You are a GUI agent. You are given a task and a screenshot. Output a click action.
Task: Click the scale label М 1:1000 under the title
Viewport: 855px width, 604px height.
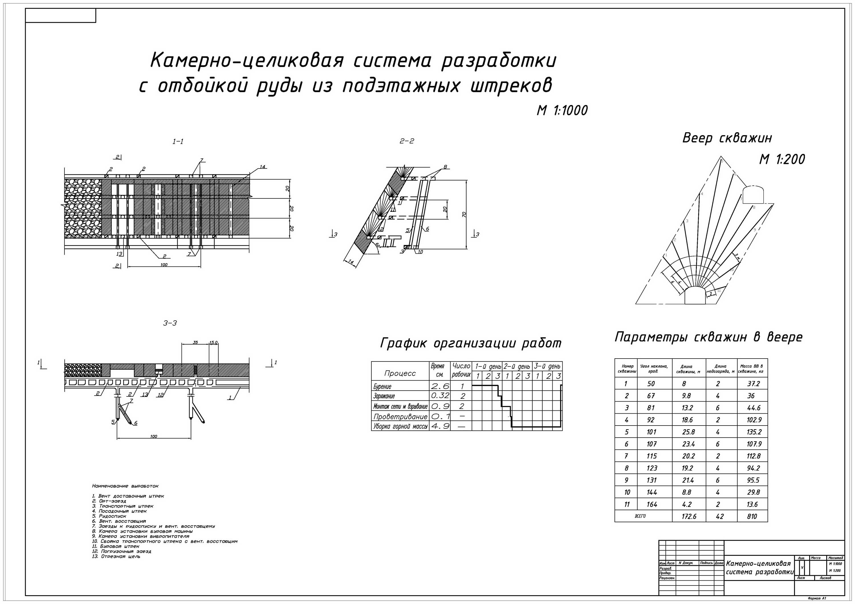tap(562, 110)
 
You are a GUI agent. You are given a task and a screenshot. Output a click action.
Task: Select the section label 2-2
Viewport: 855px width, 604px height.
tap(407, 141)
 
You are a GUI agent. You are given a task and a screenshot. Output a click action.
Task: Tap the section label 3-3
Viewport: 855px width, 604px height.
tap(170, 323)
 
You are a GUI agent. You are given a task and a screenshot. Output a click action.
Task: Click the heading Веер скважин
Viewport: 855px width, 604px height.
tap(727, 138)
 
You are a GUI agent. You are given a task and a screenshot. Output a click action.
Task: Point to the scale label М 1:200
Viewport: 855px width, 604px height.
tap(782, 159)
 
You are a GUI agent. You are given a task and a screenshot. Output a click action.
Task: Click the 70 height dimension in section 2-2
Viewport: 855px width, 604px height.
tap(464, 214)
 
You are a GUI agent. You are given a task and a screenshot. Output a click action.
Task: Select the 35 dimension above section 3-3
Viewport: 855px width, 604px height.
tap(195, 342)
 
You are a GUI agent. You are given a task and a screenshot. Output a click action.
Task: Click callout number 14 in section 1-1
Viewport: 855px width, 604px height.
tap(262, 167)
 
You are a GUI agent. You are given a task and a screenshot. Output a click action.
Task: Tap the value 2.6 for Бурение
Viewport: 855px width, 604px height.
tap(440, 386)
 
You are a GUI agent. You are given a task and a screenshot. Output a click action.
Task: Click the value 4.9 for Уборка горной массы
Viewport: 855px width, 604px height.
tap(440, 426)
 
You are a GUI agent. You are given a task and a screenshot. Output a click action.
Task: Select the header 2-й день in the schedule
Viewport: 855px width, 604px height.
tap(517, 367)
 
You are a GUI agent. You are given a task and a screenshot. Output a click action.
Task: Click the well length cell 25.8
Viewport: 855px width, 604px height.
tap(687, 432)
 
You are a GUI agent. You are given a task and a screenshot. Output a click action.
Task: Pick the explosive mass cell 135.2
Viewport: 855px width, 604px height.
tap(754, 432)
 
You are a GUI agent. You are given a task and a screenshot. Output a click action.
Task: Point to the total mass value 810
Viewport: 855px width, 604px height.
tap(752, 516)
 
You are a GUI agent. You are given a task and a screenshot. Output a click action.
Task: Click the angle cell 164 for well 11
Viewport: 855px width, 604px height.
tap(652, 505)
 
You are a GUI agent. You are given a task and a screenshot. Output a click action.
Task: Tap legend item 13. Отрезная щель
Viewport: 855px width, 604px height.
tap(116, 556)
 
